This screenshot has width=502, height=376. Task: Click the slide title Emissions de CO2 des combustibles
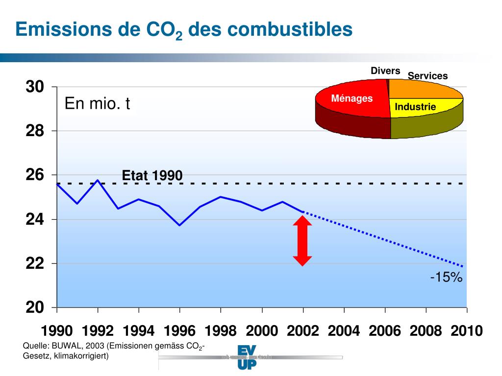[x=184, y=30]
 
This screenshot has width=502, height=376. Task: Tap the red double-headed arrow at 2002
[x=302, y=241]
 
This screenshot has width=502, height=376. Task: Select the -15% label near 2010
[x=446, y=278]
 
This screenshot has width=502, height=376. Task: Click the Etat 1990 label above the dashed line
[x=152, y=175]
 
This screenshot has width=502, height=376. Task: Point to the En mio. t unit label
[x=98, y=104]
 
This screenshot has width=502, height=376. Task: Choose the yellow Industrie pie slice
[x=422, y=108]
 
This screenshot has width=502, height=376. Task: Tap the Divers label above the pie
[x=385, y=71]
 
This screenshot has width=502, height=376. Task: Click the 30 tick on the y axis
[x=35, y=87]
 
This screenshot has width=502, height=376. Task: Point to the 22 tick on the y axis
[x=35, y=264]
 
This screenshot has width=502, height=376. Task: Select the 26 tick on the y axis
[x=35, y=175]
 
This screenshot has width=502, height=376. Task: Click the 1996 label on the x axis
[x=179, y=331]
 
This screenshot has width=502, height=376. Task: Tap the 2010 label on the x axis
[x=466, y=331]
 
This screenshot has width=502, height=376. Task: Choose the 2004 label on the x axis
[x=344, y=331]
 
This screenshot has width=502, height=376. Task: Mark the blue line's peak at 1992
[x=98, y=180]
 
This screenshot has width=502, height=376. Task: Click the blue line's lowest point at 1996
[x=180, y=225]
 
